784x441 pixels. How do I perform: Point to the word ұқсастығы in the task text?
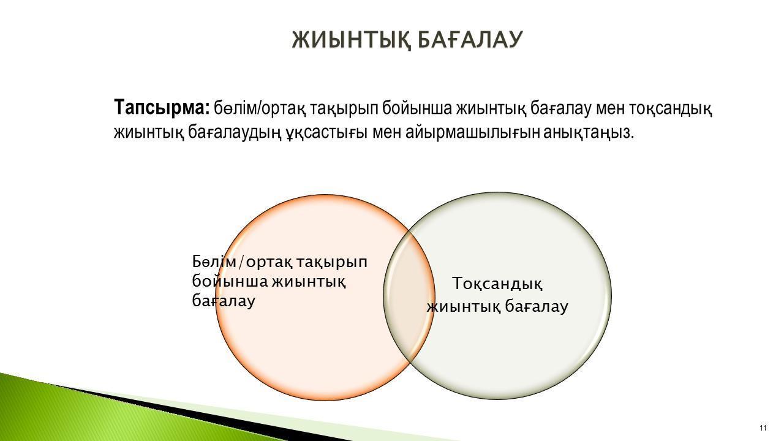pos(327,134)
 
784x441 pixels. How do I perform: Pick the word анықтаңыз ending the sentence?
pos(589,134)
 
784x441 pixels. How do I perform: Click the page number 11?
pos(763,428)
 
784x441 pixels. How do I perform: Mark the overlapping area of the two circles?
pos(409,296)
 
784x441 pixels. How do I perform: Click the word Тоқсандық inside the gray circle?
pos(497,284)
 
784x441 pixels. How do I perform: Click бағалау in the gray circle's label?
pos(537,307)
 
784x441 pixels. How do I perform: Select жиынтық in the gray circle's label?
pos(464,307)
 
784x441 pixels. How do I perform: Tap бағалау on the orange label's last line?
pos(224,301)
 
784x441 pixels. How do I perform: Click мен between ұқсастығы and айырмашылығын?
pos(386,134)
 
